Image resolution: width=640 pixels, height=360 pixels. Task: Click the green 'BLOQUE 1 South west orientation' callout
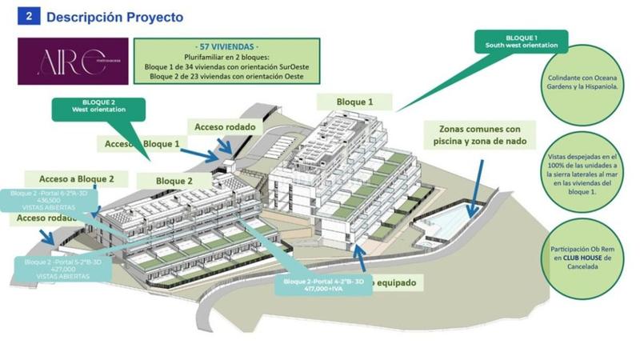521,42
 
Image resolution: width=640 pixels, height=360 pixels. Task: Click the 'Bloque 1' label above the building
354,102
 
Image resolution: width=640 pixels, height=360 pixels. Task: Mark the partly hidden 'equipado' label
400,282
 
